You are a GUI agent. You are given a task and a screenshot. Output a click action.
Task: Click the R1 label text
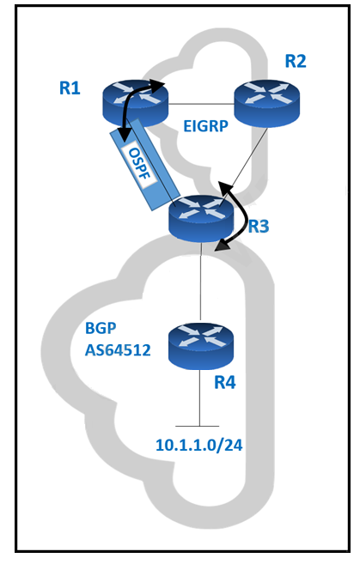[70, 88]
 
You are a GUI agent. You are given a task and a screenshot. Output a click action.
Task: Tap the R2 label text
[296, 61]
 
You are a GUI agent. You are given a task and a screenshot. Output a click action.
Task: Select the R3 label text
[259, 227]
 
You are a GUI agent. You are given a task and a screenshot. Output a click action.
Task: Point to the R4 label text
[225, 382]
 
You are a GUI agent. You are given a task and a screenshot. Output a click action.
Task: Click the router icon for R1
[136, 103]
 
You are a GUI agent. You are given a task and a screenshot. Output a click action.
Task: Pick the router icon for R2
[266, 104]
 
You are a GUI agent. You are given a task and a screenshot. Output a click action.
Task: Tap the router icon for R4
[201, 346]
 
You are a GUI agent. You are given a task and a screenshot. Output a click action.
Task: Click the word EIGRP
[205, 126]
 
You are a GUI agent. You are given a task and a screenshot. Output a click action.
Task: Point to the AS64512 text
[118, 350]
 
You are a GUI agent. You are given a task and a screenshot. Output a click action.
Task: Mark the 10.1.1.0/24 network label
[199, 445]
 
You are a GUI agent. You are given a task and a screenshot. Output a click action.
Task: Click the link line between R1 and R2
[201, 104]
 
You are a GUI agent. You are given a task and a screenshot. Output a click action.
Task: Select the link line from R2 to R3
[249, 159]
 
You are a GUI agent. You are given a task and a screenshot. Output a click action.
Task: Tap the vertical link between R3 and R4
[200, 282]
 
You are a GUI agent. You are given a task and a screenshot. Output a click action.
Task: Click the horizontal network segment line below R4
[198, 427]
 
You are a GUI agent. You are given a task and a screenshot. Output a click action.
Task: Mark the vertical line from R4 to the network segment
[199, 397]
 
